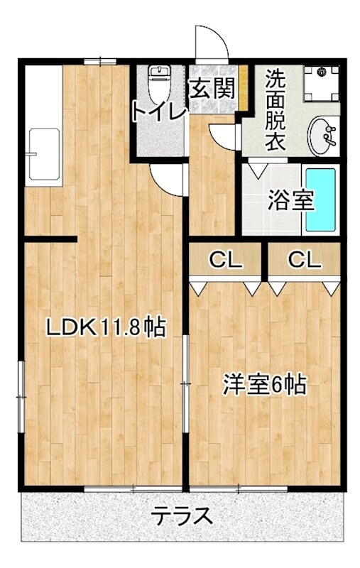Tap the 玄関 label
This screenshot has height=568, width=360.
(211, 89)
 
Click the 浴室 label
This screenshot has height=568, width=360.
(290, 200)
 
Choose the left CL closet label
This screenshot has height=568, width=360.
(225, 261)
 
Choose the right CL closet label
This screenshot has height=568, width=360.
(304, 261)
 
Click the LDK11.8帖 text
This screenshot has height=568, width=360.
(106, 327)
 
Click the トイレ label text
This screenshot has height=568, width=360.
(158, 111)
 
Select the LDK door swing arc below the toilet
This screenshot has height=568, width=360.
(168, 180)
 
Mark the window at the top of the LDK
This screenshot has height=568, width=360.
(99, 62)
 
